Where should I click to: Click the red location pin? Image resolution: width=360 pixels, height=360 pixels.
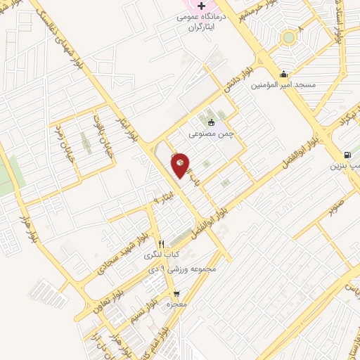click(x=181, y=165)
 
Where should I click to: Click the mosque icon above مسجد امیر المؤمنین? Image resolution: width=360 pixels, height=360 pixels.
click(x=283, y=74)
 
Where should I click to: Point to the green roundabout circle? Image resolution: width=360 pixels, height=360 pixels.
click(x=288, y=38)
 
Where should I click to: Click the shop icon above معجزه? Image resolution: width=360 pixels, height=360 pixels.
click(x=176, y=295)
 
